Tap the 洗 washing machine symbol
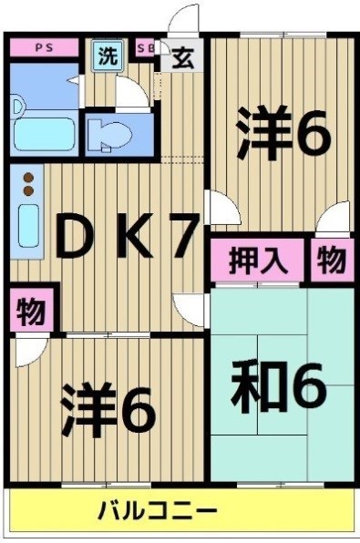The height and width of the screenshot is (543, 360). click(x=108, y=56)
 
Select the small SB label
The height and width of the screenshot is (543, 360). click(x=145, y=47)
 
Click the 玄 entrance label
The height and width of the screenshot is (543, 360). click(x=181, y=56)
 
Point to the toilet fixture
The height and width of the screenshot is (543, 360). click(x=114, y=134)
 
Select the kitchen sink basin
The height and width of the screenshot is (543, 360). click(x=28, y=224)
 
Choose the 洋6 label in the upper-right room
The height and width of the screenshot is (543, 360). click(x=283, y=134)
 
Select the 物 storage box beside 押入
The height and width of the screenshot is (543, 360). click(x=331, y=261)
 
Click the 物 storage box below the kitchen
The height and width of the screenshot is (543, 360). click(x=32, y=312)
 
